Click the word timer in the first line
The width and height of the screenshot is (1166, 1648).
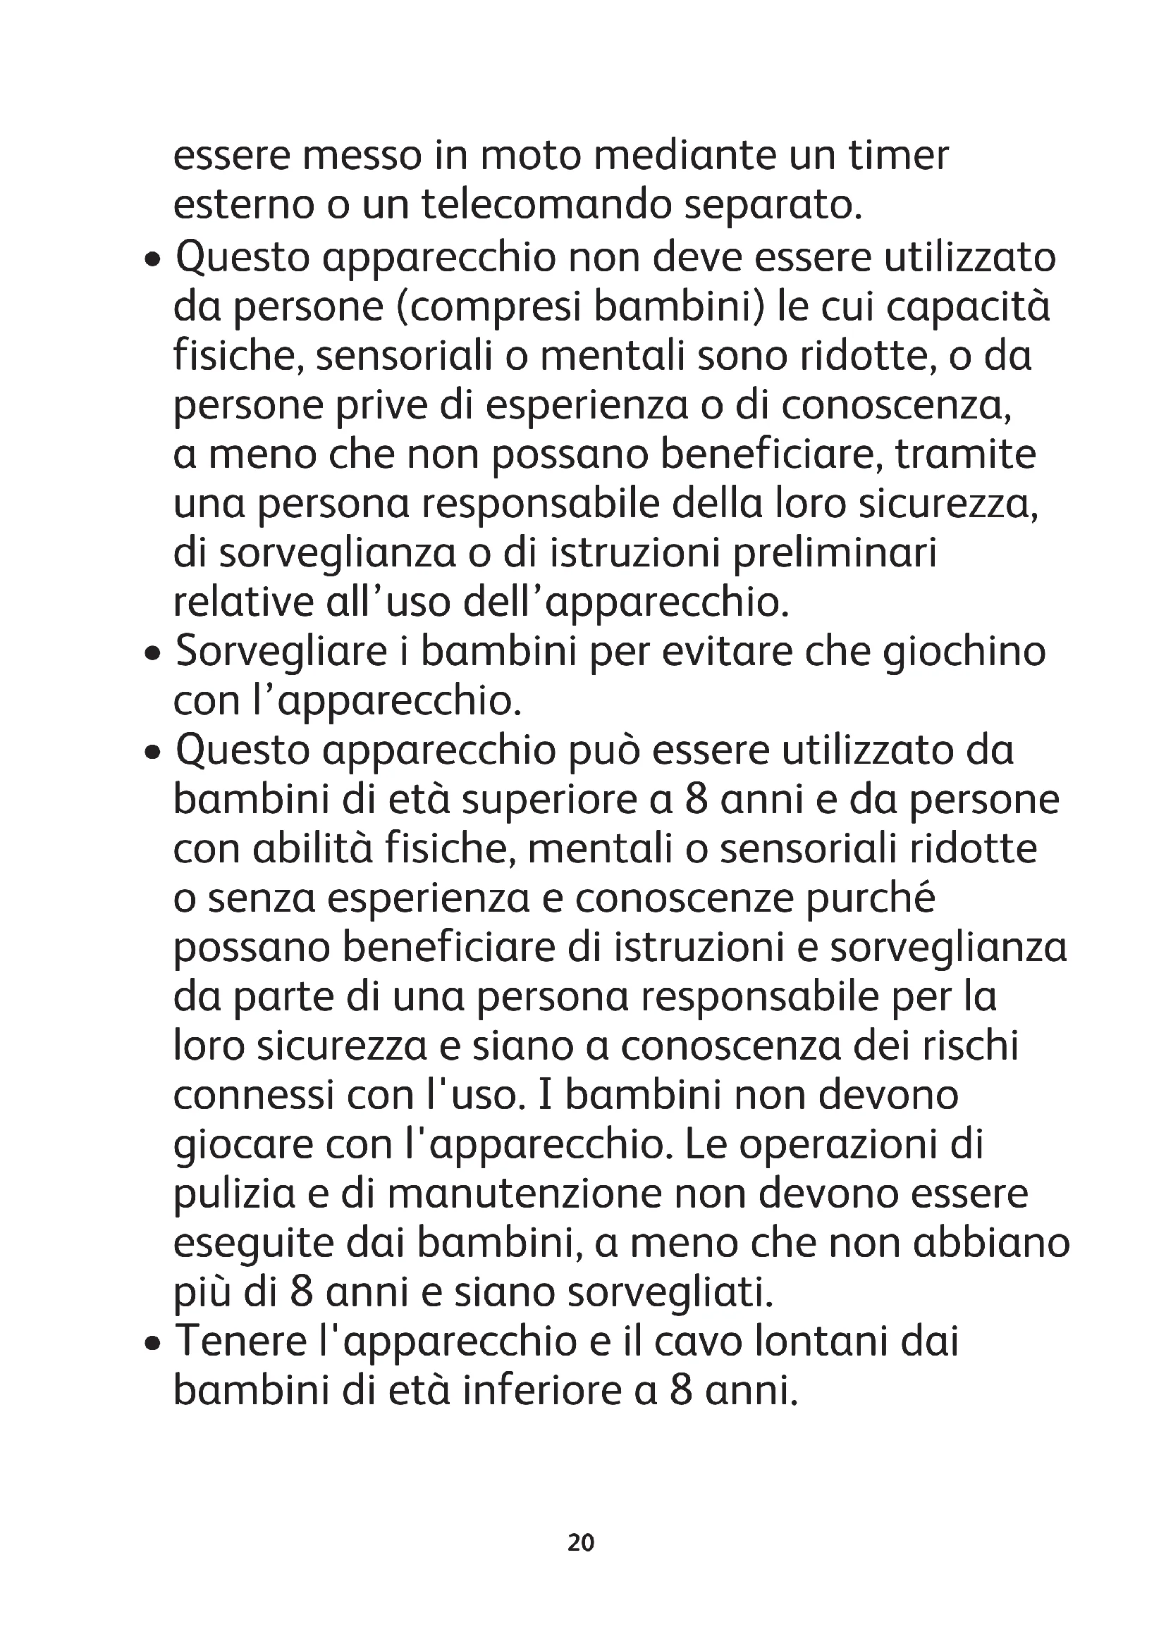point(898,156)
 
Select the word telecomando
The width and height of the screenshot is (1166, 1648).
point(545,205)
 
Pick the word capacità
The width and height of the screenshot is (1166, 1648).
point(969,307)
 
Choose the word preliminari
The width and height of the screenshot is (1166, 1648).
point(834,553)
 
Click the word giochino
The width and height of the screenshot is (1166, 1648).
point(964,652)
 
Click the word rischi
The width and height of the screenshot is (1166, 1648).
point(971,1046)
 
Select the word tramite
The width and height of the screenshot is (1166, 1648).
point(965,455)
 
